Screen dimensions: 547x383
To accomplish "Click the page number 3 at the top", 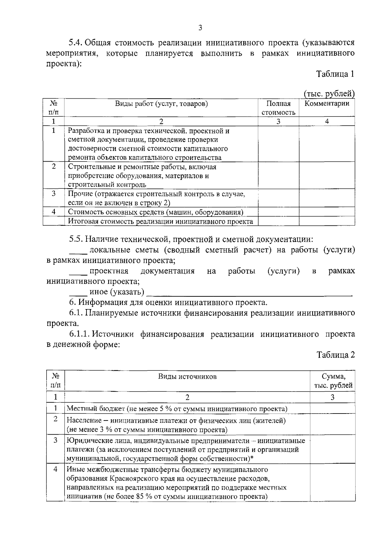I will click(200, 28).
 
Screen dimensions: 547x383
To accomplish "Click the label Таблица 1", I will click(335, 74).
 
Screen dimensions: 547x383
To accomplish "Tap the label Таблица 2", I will click(335, 355).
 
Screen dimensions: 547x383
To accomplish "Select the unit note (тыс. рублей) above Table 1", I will click(329, 94).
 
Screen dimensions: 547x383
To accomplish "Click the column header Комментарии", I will click(327, 104).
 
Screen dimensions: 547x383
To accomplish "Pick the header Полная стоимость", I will click(278, 108).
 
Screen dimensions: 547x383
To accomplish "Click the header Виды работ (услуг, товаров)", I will click(161, 104).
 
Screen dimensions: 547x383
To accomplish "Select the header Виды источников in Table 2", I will click(187, 376).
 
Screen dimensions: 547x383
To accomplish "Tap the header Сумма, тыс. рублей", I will click(333, 381).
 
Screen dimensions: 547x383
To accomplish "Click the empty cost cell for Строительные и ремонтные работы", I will click(278, 176).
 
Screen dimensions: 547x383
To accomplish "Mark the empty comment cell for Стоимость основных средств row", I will click(327, 212).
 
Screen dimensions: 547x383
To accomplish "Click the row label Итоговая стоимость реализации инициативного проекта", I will click(161, 221).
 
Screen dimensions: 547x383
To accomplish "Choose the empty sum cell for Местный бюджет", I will click(333, 408).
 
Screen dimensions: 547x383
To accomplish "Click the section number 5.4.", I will click(77, 43).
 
